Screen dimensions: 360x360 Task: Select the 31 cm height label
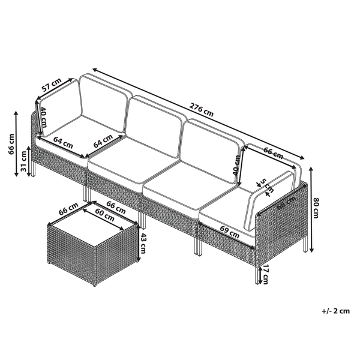[x=23, y=162]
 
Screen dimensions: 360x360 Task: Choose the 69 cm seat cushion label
[x=230, y=229]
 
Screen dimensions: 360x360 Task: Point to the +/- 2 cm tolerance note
[x=335, y=312]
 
